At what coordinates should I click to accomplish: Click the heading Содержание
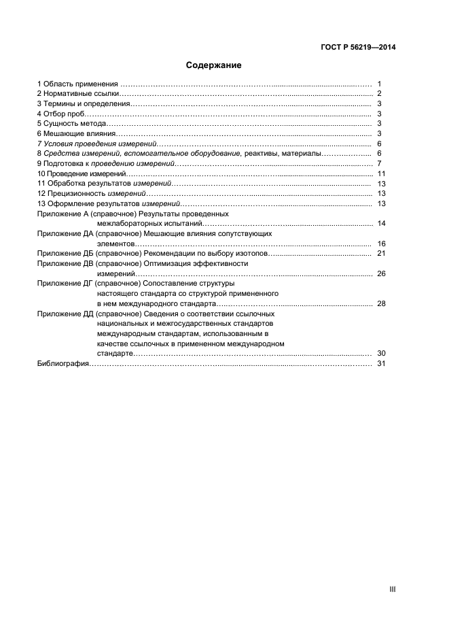pyautogui.click(x=214, y=66)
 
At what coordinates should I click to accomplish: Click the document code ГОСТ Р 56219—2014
pyautogui.click(x=358, y=48)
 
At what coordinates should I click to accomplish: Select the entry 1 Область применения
pyautogui.click(x=78, y=84)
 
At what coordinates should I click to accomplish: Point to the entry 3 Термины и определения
pyautogui.click(x=82, y=103)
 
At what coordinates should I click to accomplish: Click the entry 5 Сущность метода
pyautogui.click(x=71, y=124)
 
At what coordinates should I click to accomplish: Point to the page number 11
pyautogui.click(x=381, y=174)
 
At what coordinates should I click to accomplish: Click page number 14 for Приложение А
pyautogui.click(x=381, y=224)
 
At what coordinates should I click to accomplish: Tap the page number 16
pyautogui.click(x=381, y=244)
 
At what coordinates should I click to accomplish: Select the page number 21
pyautogui.click(x=381, y=254)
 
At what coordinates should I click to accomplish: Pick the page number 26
pyautogui.click(x=381, y=273)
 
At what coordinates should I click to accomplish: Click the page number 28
pyautogui.click(x=381, y=303)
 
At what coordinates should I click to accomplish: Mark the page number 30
pyautogui.click(x=381, y=354)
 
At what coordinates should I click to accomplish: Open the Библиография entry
pyautogui.click(x=63, y=364)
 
